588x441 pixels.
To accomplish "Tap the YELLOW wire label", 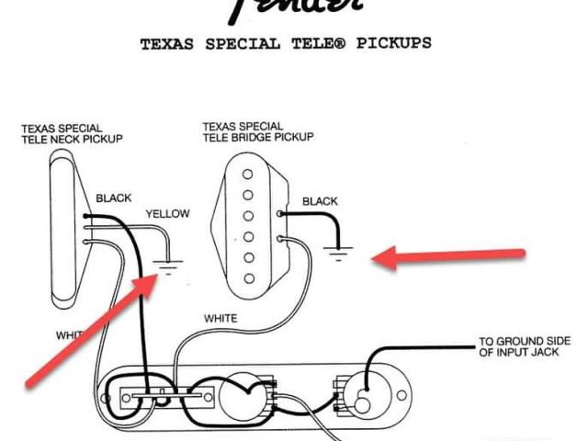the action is (167, 214).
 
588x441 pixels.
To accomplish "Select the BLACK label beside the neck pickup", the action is (114, 198).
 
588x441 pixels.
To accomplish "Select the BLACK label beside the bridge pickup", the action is (320, 201).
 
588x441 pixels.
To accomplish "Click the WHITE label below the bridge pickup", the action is (220, 319).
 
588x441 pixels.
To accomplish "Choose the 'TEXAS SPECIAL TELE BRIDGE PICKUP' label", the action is (258, 130).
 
